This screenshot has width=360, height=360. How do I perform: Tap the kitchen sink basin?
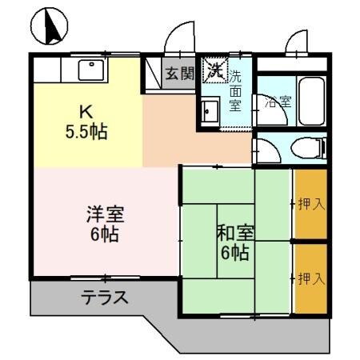pos(91,70)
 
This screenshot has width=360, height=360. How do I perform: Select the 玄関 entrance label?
pos(179,74)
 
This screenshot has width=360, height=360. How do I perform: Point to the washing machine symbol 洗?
pos(214,70)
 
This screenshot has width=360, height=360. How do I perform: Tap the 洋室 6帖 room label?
pos(106,225)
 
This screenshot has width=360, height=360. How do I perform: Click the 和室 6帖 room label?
pos(235,243)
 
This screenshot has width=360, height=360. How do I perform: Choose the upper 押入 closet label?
pos(310,204)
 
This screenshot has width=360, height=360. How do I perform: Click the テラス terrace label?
pos(104,298)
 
